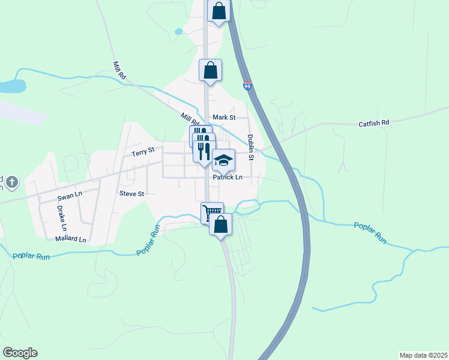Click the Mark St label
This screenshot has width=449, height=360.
[x=223, y=118]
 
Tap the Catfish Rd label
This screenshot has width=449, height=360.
[x=374, y=122]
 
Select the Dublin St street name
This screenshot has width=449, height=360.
[x=251, y=147]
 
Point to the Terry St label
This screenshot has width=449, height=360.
[x=143, y=150]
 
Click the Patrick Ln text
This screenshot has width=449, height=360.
[x=228, y=178]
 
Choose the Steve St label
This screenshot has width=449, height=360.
[x=131, y=194]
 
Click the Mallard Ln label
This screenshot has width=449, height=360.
[x=71, y=240]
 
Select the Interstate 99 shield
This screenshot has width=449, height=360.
[x=247, y=86]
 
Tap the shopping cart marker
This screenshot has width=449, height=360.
[x=212, y=212]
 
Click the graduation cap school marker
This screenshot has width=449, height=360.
[x=223, y=160]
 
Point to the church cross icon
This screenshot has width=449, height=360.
[x=13, y=181]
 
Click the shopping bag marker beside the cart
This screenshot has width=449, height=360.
[x=221, y=225]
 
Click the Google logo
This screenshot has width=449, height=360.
[x=20, y=353]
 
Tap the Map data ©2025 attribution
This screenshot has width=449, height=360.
[x=423, y=355]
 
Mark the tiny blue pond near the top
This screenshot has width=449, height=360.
[x=178, y=31]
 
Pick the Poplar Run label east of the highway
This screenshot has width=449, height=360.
[x=370, y=233]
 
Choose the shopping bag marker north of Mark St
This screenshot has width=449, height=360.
[x=211, y=70]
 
